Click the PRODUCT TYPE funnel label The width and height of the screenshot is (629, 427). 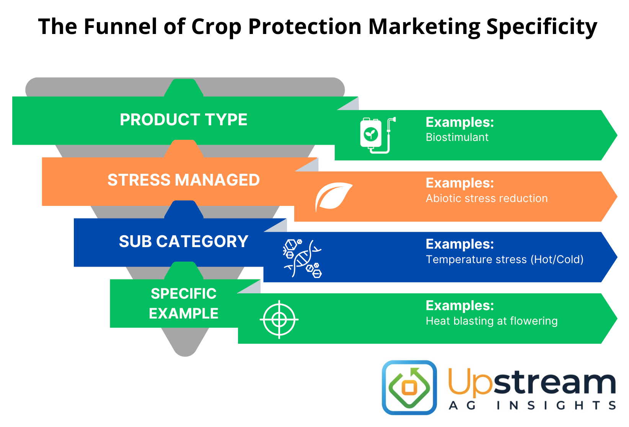tap(183, 120)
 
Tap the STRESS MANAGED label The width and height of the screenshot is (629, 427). tap(183, 180)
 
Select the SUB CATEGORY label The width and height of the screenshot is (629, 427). tap(183, 241)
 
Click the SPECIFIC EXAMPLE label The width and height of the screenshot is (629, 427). tap(183, 304)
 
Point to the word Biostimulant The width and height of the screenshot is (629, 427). tap(457, 137)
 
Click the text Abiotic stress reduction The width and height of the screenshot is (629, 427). tap(486, 199)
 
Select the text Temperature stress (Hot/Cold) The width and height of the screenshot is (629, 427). tap(504, 260)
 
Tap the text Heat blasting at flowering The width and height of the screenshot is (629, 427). tap(491, 321)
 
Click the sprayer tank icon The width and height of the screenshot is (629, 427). tap(376, 135)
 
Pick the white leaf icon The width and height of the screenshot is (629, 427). tap(332, 197)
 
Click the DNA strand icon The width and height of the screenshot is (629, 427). tap(302, 258)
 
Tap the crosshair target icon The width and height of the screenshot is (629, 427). tap(279, 319)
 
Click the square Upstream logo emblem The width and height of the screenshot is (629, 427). tap(409, 387)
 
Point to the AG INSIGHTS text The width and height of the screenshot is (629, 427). tap(532, 406)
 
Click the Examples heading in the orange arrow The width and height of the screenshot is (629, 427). tap(460, 183)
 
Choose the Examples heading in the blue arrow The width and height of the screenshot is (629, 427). tap(460, 244)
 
